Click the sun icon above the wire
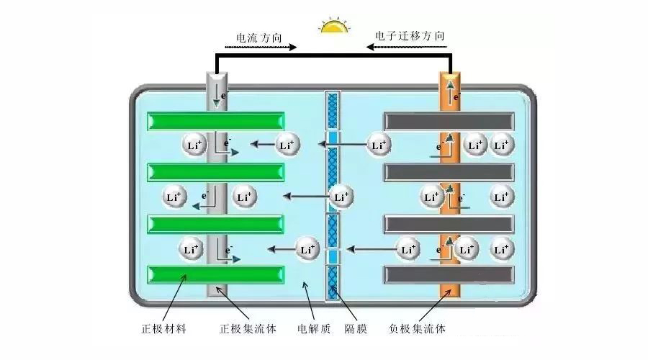tap(334, 27)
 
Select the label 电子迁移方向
tap(410, 35)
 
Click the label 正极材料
tap(163, 329)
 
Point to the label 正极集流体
tap(248, 329)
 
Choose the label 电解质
tap(314, 329)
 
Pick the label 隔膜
tap(355, 329)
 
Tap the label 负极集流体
tap(417, 329)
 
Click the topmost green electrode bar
tap(215, 121)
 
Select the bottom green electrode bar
tap(215, 275)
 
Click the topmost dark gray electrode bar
tap(449, 121)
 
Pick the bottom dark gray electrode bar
tap(449, 275)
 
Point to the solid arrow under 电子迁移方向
tap(410, 48)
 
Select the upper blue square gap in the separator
tap(333, 138)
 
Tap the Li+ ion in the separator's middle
tap(341, 196)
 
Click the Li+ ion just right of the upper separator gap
tap(379, 145)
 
